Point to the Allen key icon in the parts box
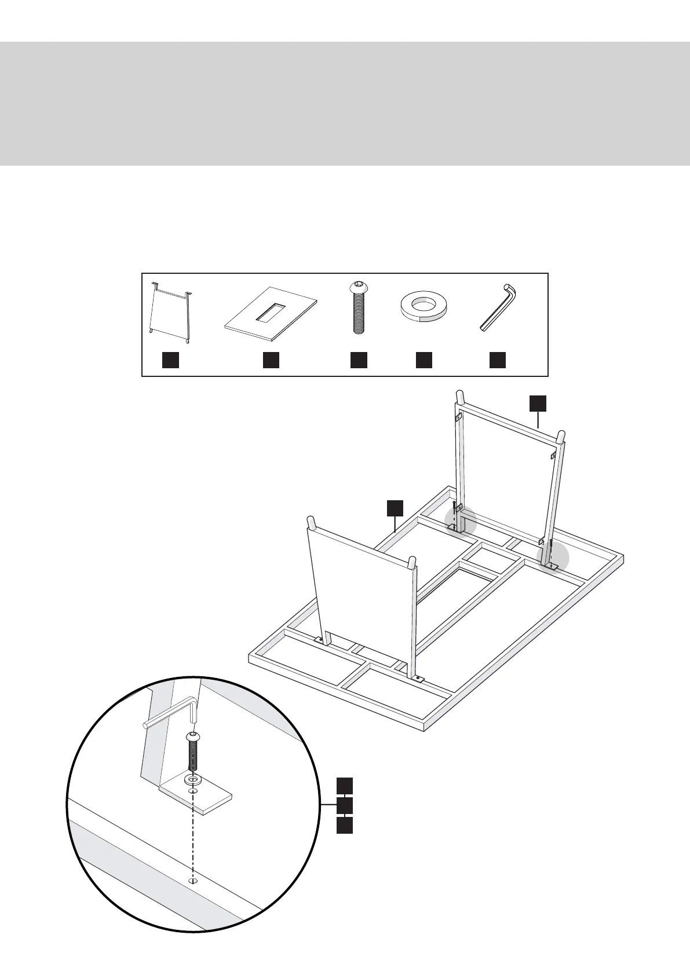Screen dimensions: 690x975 (498, 307)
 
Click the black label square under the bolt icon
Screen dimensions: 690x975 (359, 360)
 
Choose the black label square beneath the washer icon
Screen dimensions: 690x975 (424, 360)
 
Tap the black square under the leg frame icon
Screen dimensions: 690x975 (170, 360)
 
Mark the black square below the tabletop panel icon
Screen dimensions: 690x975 (271, 360)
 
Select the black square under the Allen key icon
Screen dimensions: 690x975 (498, 360)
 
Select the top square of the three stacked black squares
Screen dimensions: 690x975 (345, 786)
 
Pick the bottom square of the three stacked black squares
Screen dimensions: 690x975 (345, 825)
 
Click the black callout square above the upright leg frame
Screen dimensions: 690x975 (538, 404)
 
